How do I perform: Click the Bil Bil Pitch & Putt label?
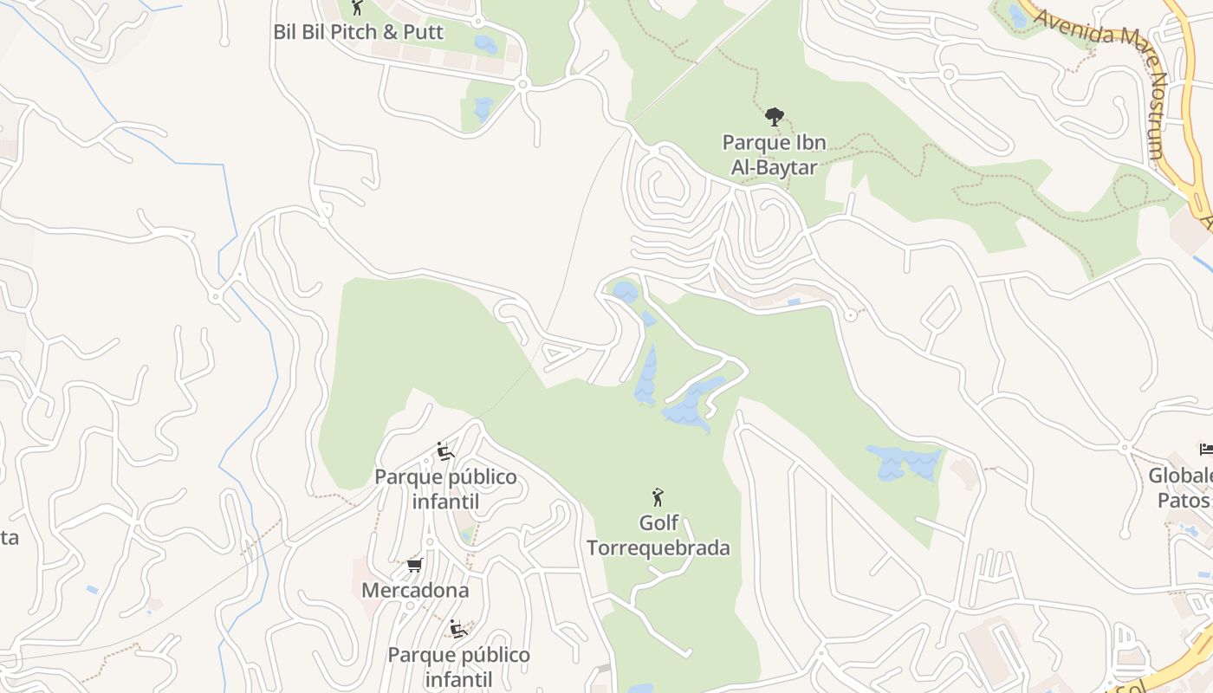(358, 32)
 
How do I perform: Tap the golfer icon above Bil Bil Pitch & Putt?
(356, 8)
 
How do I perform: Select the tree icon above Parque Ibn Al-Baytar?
(774, 117)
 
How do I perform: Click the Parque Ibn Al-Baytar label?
(774, 155)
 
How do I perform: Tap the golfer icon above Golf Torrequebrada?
(658, 497)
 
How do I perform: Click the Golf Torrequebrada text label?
(658, 535)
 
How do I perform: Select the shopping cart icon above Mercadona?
(414, 566)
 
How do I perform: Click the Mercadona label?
(415, 591)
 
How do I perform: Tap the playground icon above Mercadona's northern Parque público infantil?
(445, 451)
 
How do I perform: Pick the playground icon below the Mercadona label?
(458, 629)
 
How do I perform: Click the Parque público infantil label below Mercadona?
(458, 667)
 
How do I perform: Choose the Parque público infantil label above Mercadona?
(445, 489)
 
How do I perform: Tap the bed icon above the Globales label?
(1205, 449)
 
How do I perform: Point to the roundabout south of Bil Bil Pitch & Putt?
(522, 84)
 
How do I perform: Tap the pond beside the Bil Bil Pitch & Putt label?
(486, 44)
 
